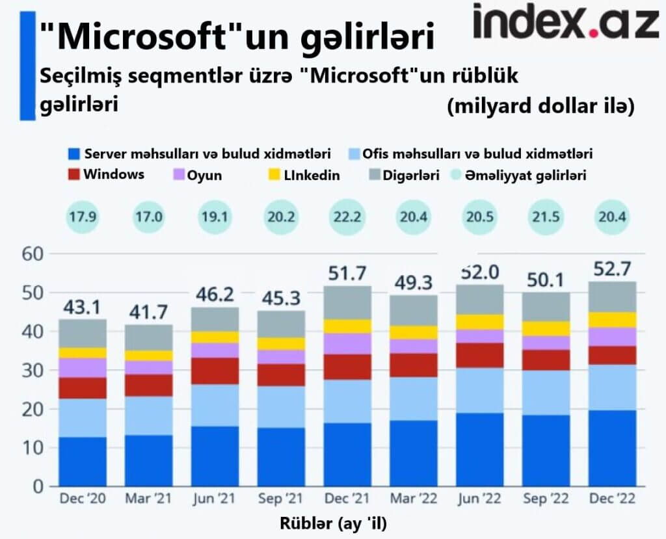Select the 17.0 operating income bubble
click(149, 217)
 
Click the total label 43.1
click(83, 306)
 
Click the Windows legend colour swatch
click(73, 175)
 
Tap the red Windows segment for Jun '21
click(215, 371)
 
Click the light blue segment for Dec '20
click(83, 417)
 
